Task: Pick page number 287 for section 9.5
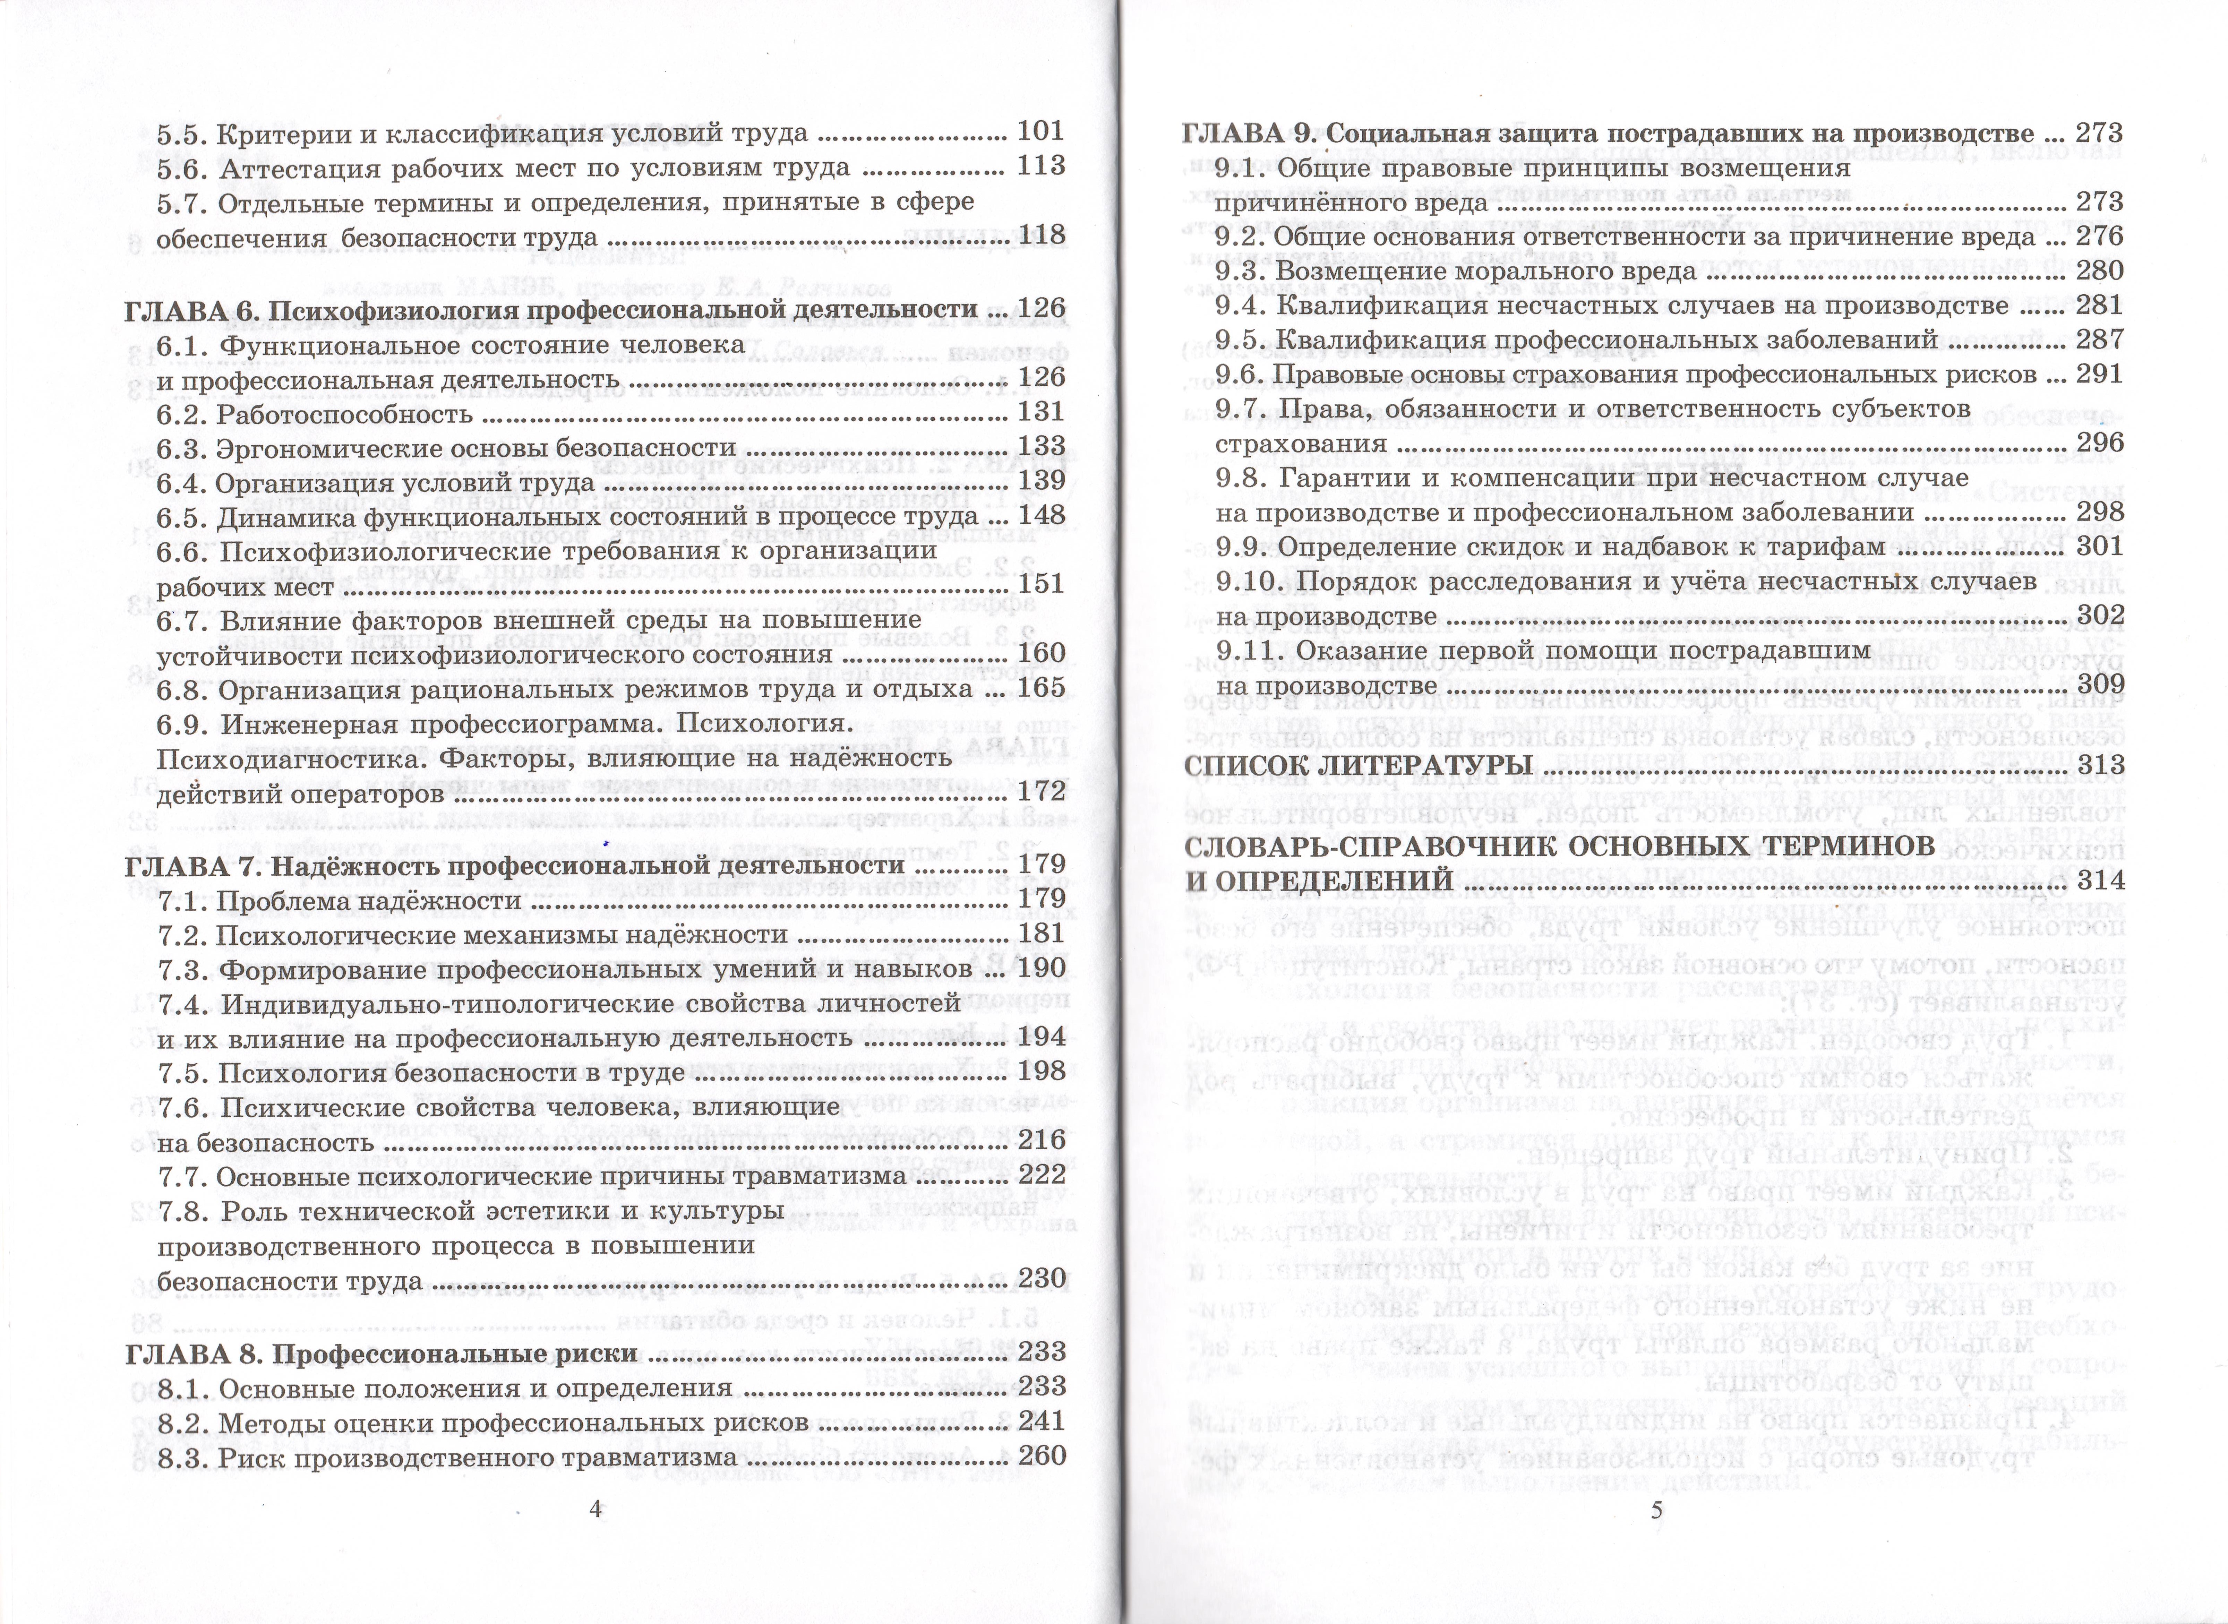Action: (x=2099, y=340)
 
